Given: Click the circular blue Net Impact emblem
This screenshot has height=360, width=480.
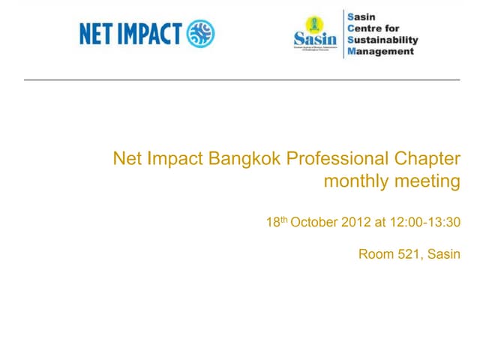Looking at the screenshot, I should [x=200, y=34].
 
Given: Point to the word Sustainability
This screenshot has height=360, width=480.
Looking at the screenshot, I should [x=383, y=40].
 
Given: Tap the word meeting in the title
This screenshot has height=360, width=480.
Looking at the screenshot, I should [x=427, y=181].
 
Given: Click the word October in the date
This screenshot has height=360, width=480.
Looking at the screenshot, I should [x=314, y=223].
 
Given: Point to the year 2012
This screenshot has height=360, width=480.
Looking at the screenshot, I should [x=355, y=223].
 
